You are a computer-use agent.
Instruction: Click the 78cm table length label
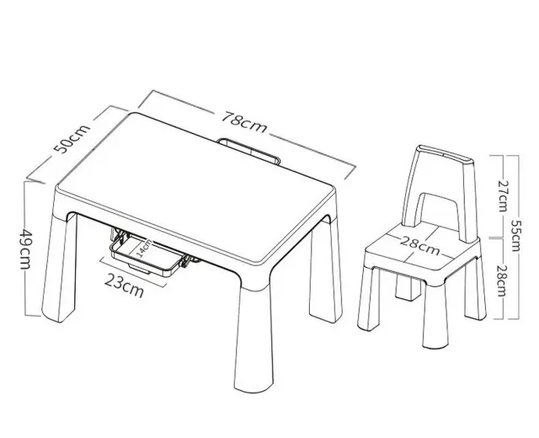pos(243,121)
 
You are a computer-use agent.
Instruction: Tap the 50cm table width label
pos(72,138)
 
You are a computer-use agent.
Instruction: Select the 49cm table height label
pos(25,249)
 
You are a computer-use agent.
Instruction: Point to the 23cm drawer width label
pos(124,286)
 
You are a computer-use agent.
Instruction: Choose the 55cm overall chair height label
pos(515,235)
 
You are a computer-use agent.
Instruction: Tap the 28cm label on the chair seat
pos(420,246)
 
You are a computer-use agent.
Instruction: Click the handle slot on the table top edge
pos(250,151)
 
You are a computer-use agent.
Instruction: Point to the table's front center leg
pos(253,339)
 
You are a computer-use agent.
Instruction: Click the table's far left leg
pos(59,268)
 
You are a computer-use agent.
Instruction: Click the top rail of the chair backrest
pos(446,155)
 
